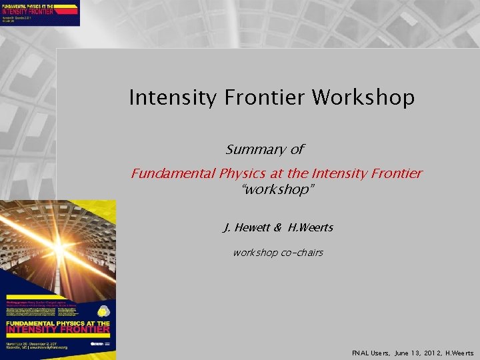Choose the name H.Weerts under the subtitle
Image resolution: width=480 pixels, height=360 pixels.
point(311,228)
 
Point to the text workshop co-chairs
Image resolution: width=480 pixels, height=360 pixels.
point(277,253)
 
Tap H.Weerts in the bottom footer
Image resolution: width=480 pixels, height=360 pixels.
point(459,353)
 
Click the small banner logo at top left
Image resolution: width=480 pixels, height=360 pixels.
point(40,13)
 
